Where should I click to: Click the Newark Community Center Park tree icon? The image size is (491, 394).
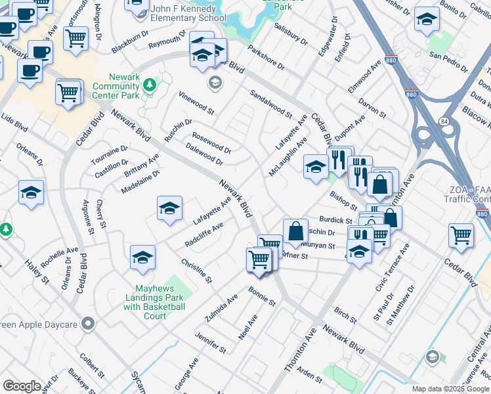pos(150,85)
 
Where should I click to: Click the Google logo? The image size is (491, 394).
pos(22,386)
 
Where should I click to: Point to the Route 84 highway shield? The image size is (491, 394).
pos(444,121)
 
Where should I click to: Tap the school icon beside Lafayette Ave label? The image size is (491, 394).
pos(169,208)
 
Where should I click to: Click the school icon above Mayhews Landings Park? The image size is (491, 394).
pos(142,258)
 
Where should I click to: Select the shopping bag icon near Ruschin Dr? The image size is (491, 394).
pos(295,231)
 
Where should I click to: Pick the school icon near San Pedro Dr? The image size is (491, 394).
pos(427,20)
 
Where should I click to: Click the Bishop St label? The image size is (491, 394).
pos(343,197)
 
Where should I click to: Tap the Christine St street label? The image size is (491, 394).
pos(197,271)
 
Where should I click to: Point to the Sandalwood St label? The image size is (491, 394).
pos(270,103)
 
